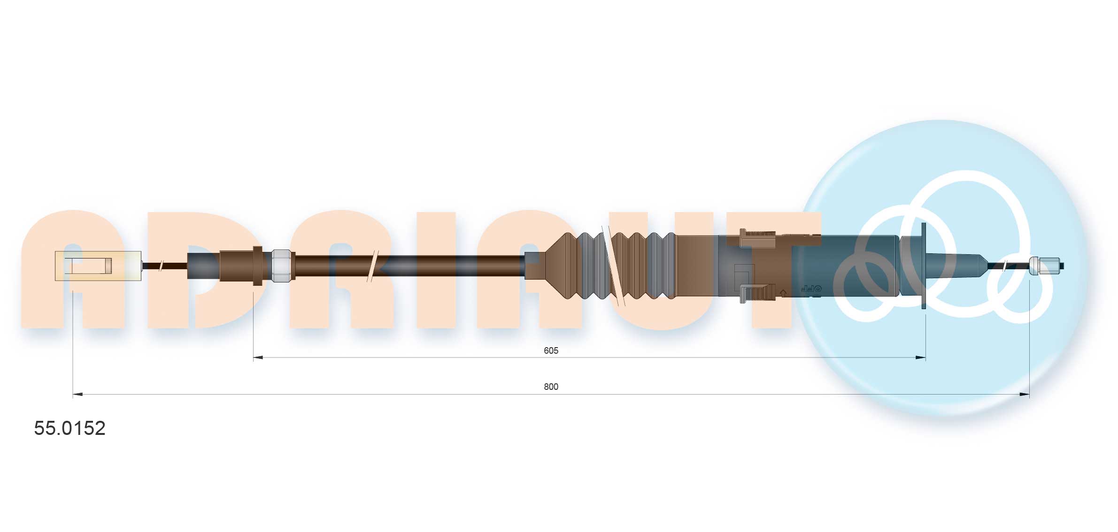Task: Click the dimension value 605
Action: pyautogui.click(x=551, y=350)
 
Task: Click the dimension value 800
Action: pyautogui.click(x=551, y=387)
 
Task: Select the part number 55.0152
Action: pyautogui.click(x=69, y=428)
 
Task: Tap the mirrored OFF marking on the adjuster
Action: pyautogui.click(x=810, y=289)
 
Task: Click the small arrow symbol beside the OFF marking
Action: pyautogui.click(x=783, y=292)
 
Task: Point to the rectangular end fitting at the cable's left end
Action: pyautogui.click(x=98, y=266)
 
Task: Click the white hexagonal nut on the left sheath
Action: pyautogui.click(x=281, y=266)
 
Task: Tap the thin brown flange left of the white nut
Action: pyautogui.click(x=257, y=266)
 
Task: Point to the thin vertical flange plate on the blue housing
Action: pyautogui.click(x=924, y=266)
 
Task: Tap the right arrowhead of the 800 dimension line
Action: pyautogui.click(x=1025, y=395)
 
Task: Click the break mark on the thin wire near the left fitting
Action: pyautogui.click(x=161, y=266)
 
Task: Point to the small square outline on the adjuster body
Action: pyautogui.click(x=744, y=277)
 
